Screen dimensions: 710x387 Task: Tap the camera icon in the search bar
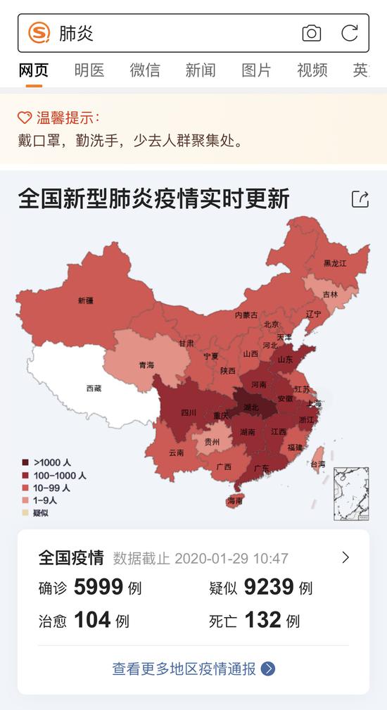[311, 33]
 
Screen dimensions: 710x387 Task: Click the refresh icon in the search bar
[350, 33]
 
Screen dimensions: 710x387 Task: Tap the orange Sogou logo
[39, 33]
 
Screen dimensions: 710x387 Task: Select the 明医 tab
[89, 70]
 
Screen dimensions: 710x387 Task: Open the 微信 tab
[144, 70]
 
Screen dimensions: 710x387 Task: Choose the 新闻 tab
[201, 70]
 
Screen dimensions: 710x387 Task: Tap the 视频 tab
[312, 70]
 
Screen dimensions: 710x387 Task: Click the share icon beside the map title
[360, 199]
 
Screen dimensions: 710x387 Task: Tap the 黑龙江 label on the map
[336, 263]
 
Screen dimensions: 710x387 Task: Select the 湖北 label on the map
[250, 407]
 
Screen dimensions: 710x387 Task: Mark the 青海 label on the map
[146, 365]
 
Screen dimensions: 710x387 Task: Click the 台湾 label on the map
[318, 464]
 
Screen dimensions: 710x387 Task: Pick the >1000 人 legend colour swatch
[26, 462]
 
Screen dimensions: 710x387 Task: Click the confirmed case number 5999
[99, 587]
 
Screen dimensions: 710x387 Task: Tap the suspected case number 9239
[269, 587]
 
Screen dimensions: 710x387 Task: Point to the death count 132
[262, 620]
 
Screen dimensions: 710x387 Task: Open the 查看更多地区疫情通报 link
[193, 668]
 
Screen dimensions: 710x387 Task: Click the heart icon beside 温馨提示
[25, 118]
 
